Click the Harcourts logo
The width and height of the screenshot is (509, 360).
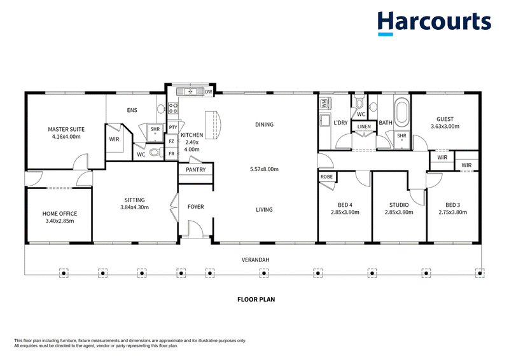point(434,23)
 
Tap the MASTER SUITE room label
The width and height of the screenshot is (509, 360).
point(66,129)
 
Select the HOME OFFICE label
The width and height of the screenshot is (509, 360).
point(60,214)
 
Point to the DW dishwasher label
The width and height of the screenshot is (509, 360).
point(209,92)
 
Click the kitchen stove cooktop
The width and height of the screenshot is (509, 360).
point(173,108)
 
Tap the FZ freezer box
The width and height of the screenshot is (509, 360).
point(171,142)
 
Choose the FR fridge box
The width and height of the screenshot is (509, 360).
point(171,154)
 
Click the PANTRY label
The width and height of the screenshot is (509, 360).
point(196,169)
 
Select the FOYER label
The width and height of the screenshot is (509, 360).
point(196,207)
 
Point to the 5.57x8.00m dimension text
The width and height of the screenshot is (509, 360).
point(264,169)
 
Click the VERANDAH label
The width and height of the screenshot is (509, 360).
point(256,260)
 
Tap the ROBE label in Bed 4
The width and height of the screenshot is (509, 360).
point(326,177)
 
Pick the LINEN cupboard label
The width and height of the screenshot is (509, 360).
point(364,127)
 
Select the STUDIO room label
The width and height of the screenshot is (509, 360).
point(399,205)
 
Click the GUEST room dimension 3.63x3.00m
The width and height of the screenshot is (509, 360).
point(445,127)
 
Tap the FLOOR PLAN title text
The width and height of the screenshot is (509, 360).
point(256,300)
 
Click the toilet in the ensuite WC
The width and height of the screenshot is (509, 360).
point(157,152)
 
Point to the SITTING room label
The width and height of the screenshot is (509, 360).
point(134,200)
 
